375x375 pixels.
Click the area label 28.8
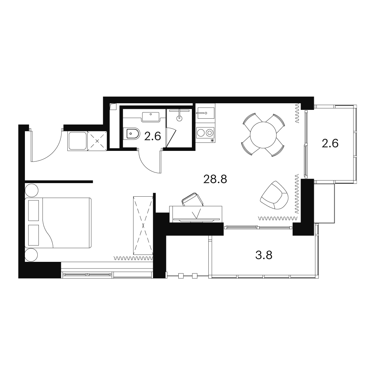click(x=215, y=179)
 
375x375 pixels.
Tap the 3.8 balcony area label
click(x=264, y=255)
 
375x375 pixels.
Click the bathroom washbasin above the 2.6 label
click(x=151, y=117)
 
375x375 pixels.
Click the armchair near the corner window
click(x=275, y=195)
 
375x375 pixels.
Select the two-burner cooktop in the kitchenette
click(x=205, y=133)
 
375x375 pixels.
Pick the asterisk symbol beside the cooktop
click(x=212, y=140)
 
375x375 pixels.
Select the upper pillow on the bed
click(x=33, y=211)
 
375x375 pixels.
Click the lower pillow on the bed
click(x=33, y=235)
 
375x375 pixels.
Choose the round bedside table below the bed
click(x=31, y=255)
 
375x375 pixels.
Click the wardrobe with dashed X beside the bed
click(x=143, y=225)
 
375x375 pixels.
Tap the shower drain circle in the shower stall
click(x=179, y=118)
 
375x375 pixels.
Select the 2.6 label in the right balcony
click(x=330, y=144)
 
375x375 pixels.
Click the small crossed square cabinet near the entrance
click(x=97, y=141)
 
